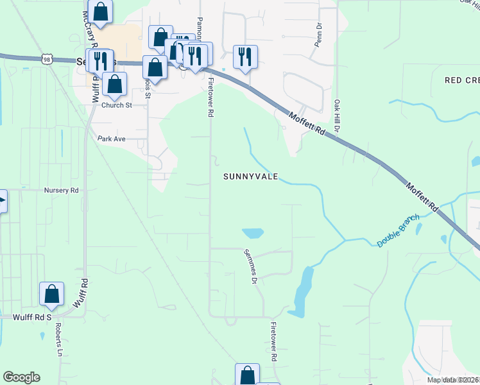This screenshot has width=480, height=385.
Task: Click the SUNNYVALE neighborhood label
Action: pos(250,176)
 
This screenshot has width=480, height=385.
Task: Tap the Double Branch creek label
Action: pos(398,231)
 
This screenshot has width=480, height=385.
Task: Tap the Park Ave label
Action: pos(111,138)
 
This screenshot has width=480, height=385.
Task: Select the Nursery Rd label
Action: pos(61,191)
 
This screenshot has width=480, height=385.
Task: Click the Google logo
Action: pos(21,377)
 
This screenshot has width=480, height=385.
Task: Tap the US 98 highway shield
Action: pos(47,58)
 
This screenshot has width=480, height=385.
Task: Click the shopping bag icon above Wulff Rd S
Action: pos(51,294)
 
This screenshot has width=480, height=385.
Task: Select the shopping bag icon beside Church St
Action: pos(114,83)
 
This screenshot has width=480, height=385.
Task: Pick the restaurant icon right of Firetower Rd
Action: pos(245,56)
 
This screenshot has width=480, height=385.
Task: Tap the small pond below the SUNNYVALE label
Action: pos(252,233)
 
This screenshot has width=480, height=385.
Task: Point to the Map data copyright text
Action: pos(453,379)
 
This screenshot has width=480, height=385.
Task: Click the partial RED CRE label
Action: pos(462,80)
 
